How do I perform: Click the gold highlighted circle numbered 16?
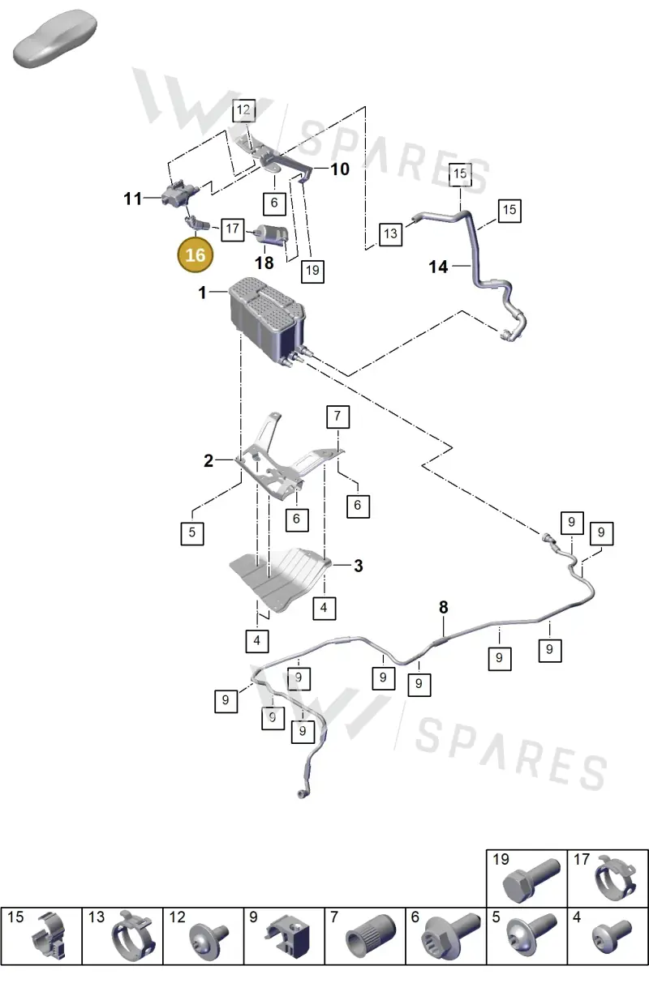tap(195, 254)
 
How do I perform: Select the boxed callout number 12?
tap(244, 109)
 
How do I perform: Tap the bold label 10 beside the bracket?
tap(340, 169)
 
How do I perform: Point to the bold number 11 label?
tap(133, 199)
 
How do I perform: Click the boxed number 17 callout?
tap(233, 229)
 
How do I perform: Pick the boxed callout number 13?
tap(391, 233)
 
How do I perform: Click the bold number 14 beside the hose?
tap(438, 267)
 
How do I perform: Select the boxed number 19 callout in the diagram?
tap(312, 271)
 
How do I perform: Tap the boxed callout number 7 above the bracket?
tap(337, 417)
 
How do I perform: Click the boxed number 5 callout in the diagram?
tap(192, 533)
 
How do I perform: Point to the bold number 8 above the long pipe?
tap(444, 607)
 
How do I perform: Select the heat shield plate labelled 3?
tap(281, 578)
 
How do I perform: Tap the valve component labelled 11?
tap(180, 194)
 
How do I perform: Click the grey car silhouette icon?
tap(55, 40)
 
